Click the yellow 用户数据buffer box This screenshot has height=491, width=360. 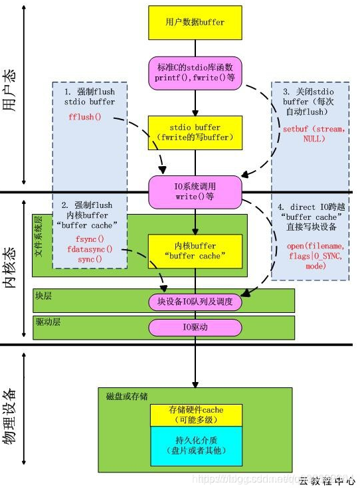point(195,22)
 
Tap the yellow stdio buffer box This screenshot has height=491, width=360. point(195,132)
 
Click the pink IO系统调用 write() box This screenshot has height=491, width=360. point(195,189)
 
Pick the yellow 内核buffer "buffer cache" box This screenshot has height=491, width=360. point(195,250)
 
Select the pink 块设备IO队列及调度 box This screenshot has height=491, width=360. point(195,302)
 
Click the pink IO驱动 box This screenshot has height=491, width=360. point(195,327)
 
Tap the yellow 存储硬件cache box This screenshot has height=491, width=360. point(195,414)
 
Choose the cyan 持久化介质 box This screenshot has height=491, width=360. point(195,445)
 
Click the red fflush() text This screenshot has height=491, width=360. point(84,117)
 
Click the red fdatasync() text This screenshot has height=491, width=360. point(90,249)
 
